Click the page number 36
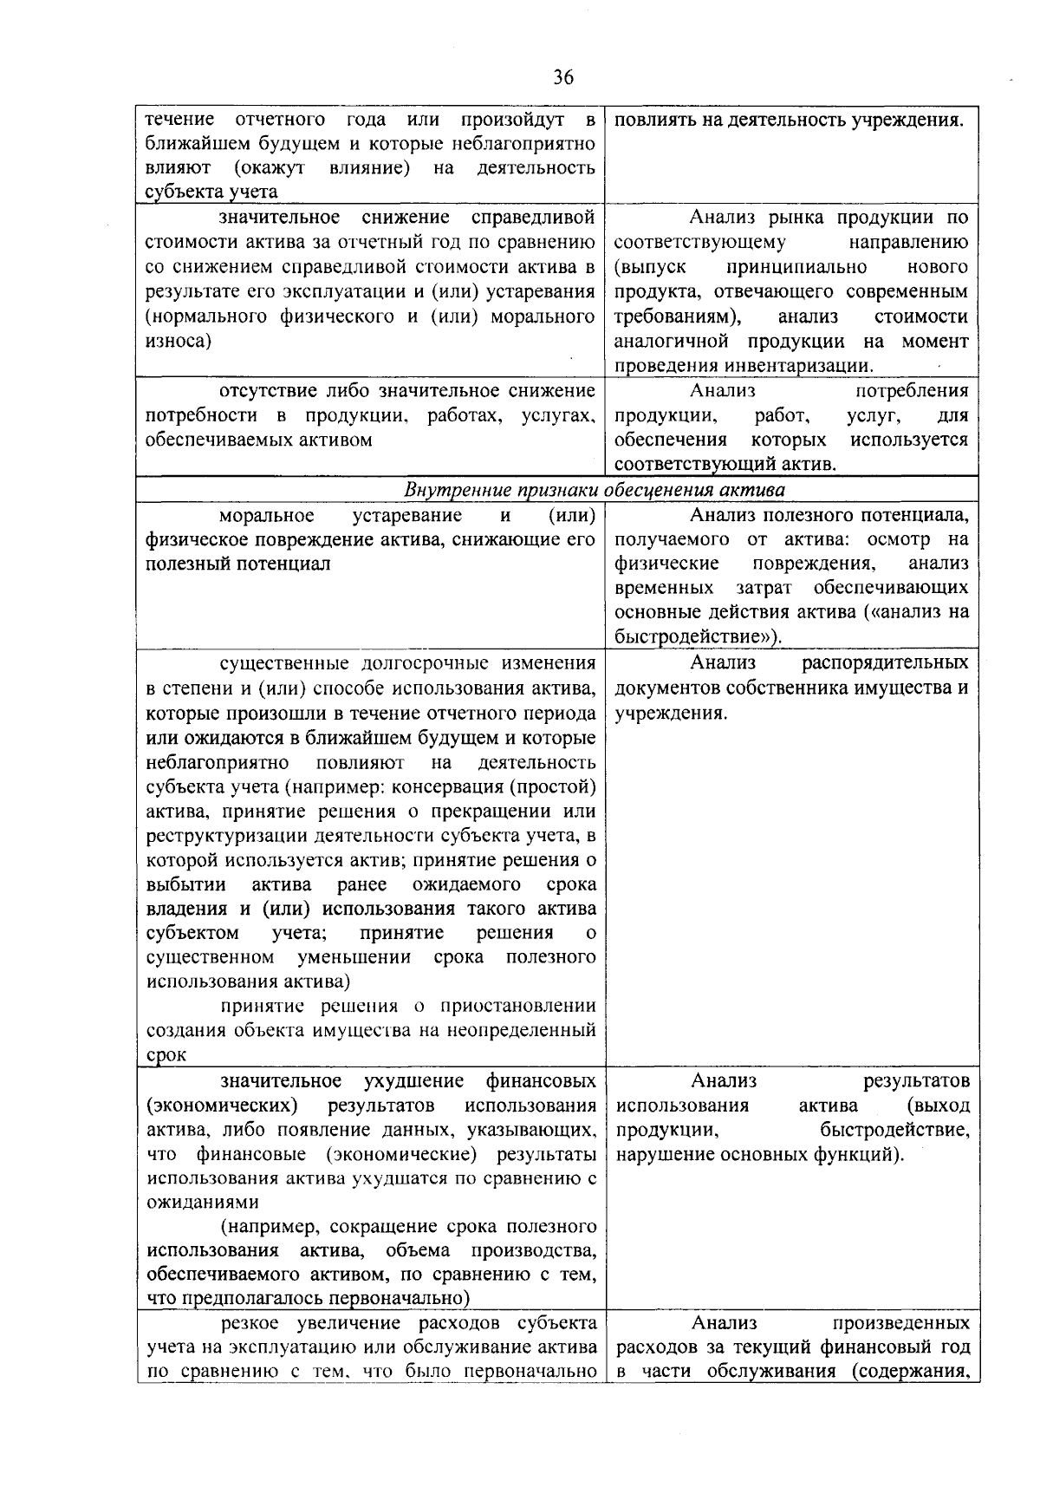pos(562,78)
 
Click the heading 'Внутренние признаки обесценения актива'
pos(595,490)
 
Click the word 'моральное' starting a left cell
pos(267,516)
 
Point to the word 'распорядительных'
pos(885,664)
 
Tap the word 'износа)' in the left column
pos(179,342)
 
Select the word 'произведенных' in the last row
pos(900,1324)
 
